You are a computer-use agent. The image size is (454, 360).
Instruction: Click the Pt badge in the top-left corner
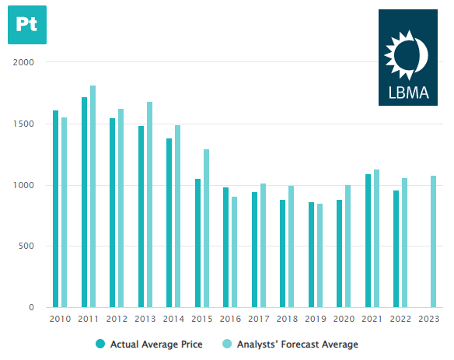(26, 24)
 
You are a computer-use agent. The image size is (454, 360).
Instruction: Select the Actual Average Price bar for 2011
(84, 202)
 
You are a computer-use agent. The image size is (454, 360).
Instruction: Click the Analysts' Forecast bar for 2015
(206, 229)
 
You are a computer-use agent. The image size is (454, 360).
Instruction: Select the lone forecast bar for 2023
(433, 242)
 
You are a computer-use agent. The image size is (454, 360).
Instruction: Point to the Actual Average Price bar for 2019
(311, 255)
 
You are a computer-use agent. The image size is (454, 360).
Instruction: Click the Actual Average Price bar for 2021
(368, 241)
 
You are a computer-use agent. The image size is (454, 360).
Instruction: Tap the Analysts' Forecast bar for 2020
(347, 246)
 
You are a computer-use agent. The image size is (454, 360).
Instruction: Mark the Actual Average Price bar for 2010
(55, 209)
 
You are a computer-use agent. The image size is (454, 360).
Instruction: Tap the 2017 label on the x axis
(258, 319)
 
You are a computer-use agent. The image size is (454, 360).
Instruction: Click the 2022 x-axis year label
(400, 319)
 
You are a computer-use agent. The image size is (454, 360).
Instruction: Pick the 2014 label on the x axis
(173, 319)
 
